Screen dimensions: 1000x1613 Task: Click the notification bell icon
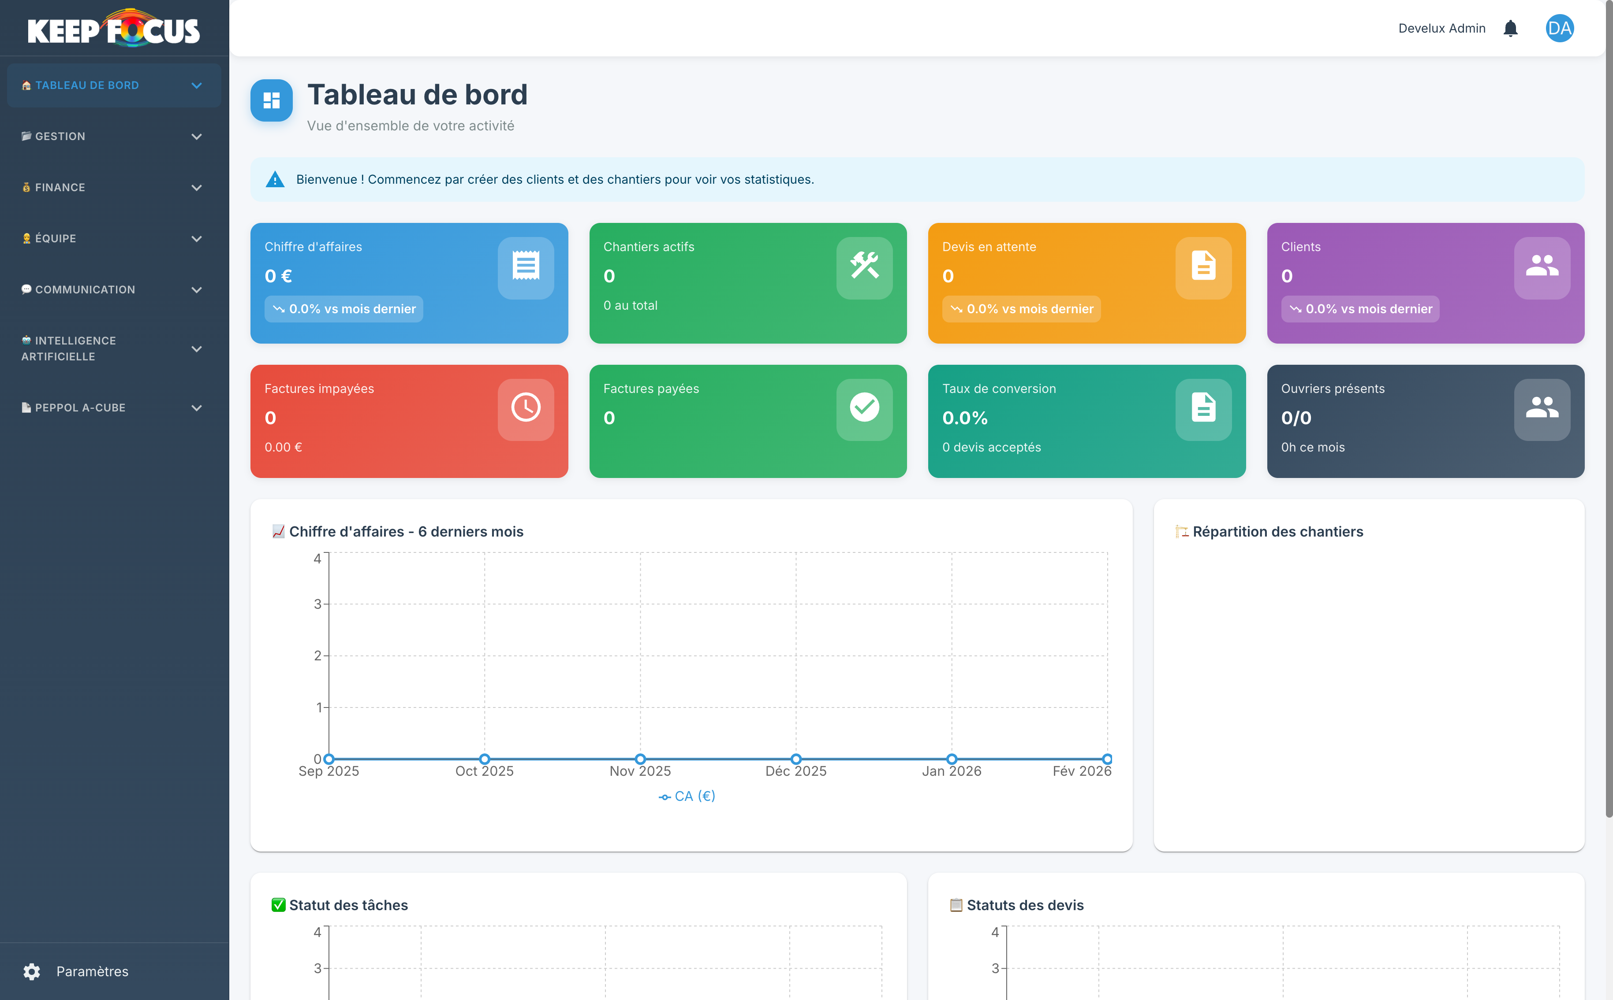[1510, 29]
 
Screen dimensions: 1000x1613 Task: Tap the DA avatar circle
[1559, 29]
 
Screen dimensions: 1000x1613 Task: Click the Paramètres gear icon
[32, 971]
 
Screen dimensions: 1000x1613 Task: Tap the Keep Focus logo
[114, 29]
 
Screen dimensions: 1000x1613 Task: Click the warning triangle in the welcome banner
[275, 179]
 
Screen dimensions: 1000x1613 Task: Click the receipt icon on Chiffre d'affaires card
[526, 267]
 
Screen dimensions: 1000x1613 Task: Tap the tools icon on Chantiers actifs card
[864, 267]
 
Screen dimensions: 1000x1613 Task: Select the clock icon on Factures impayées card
[526, 408]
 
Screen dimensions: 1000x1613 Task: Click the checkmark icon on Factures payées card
[864, 408]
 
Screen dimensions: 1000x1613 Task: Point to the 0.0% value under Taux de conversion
[964, 418]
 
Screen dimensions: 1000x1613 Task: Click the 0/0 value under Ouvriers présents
[1296, 418]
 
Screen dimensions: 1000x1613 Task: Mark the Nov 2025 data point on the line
[640, 759]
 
